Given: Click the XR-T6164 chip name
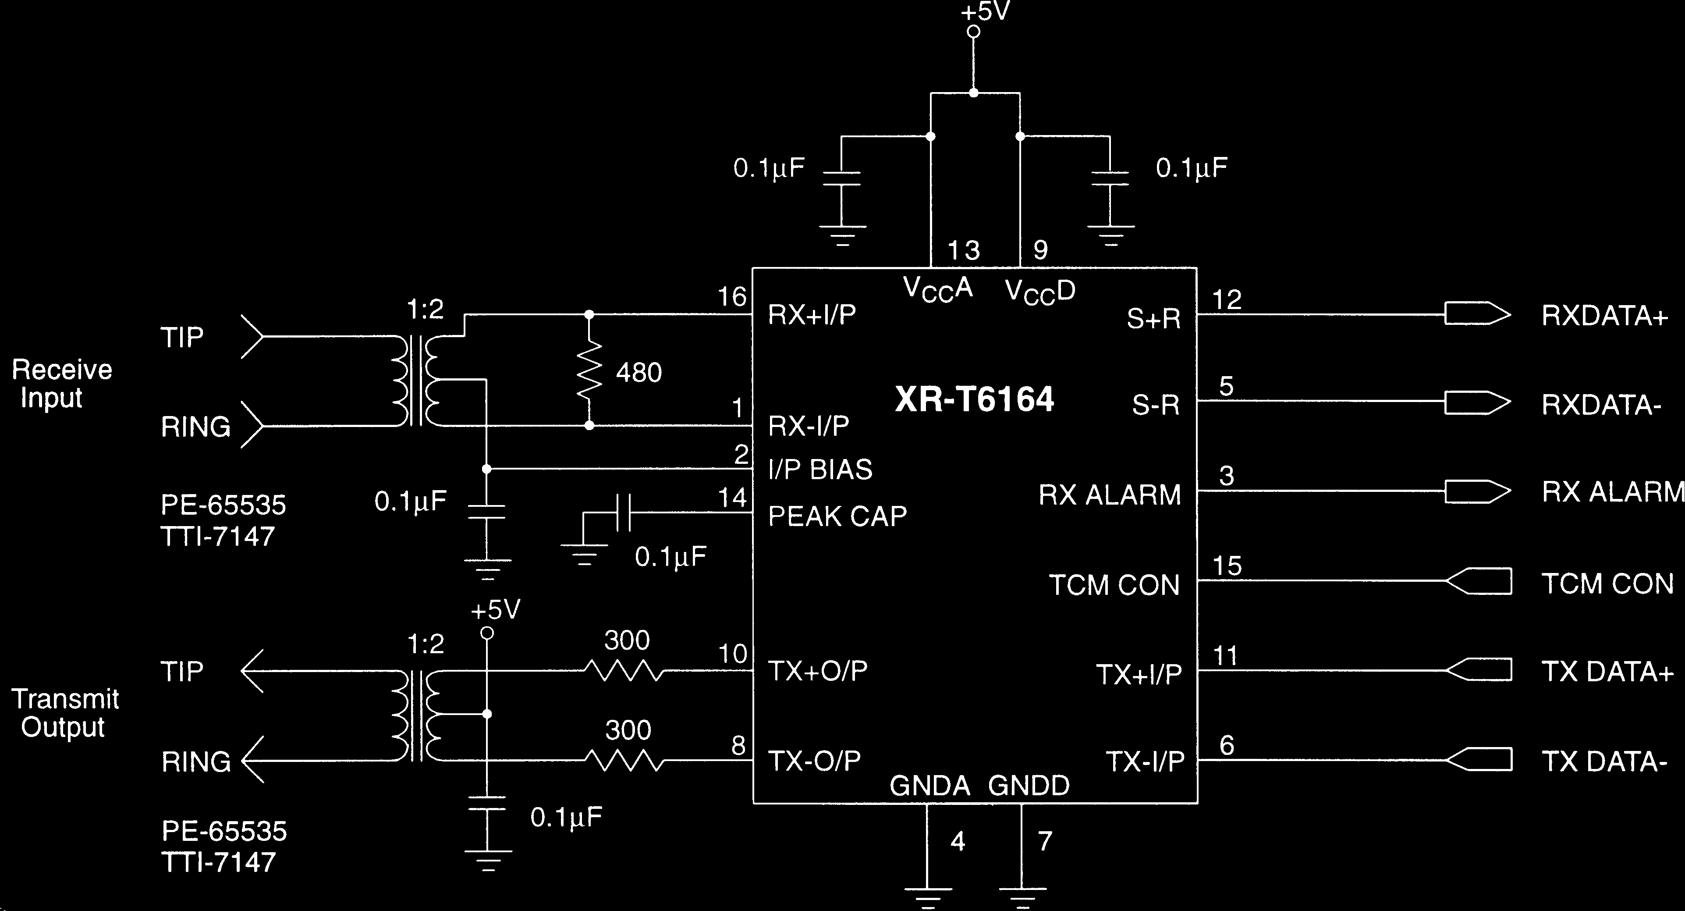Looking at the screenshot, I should (x=974, y=399).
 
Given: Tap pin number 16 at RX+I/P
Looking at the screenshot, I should (x=732, y=297).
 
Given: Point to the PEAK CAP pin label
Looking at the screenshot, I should (x=837, y=516).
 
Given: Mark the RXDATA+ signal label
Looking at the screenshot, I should (x=1604, y=316).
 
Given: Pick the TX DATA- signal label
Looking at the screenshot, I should (x=1604, y=762).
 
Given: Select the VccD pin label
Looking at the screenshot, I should (x=1040, y=291).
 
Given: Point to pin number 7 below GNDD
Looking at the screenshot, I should (x=1045, y=841).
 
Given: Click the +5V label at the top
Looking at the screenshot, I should (x=985, y=12).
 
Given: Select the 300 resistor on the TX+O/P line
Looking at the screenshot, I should (x=624, y=671).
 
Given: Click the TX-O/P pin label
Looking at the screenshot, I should (x=814, y=761).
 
